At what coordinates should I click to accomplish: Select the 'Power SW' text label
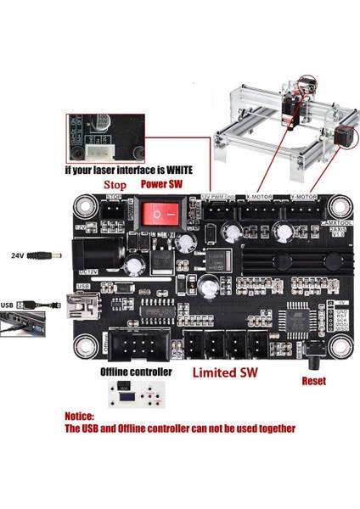[164, 182]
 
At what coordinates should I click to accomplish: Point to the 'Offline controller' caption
[135, 372]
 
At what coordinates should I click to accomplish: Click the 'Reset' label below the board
[313, 381]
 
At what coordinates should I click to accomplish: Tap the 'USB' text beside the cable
[8, 304]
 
